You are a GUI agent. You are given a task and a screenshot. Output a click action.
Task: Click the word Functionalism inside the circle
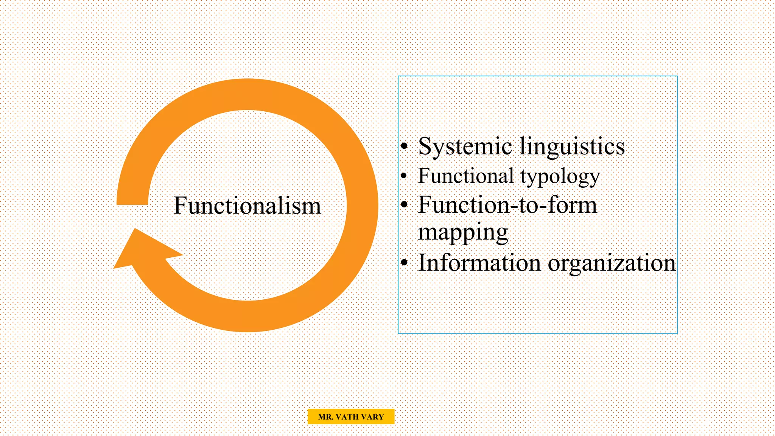tap(247, 206)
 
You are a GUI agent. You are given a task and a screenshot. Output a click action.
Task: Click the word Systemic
tap(465, 146)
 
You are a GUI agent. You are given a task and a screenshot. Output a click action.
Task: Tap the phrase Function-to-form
tap(507, 205)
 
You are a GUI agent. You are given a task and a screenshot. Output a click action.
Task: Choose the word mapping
tap(463, 232)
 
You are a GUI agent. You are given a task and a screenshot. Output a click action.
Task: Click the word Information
tap(479, 263)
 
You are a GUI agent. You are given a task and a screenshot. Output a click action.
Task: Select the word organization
tap(612, 263)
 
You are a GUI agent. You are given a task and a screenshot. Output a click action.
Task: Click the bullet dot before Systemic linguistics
tap(405, 146)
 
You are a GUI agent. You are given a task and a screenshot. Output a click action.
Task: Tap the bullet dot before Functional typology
tap(404, 176)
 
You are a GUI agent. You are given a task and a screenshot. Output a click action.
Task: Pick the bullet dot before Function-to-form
tap(405, 205)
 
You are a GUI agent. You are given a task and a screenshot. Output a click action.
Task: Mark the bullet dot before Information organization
tap(405, 263)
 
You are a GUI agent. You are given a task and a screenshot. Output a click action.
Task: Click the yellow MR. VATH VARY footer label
tap(351, 417)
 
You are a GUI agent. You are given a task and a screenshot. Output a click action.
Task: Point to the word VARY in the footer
tap(372, 417)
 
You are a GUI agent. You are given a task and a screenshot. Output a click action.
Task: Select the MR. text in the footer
tap(325, 417)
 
